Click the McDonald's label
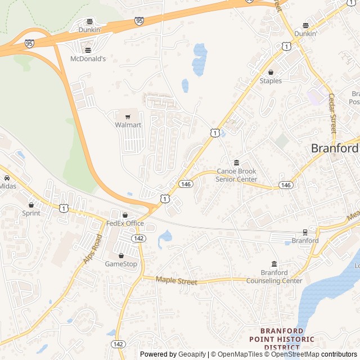[x=88, y=58]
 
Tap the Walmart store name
[x=128, y=125]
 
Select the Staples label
[x=271, y=81]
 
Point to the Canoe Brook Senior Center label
[x=236, y=175]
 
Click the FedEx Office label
[x=125, y=223]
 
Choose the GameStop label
[x=121, y=264]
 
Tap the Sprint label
[x=31, y=213]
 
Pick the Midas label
[x=7, y=186]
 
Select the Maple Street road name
[x=177, y=280]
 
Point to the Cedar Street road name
[x=332, y=113]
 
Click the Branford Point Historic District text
[x=282, y=339]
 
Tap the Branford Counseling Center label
[x=274, y=277]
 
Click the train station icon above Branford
[x=305, y=232]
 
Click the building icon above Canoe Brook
[x=236, y=163]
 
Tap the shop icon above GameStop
[x=121, y=255]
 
